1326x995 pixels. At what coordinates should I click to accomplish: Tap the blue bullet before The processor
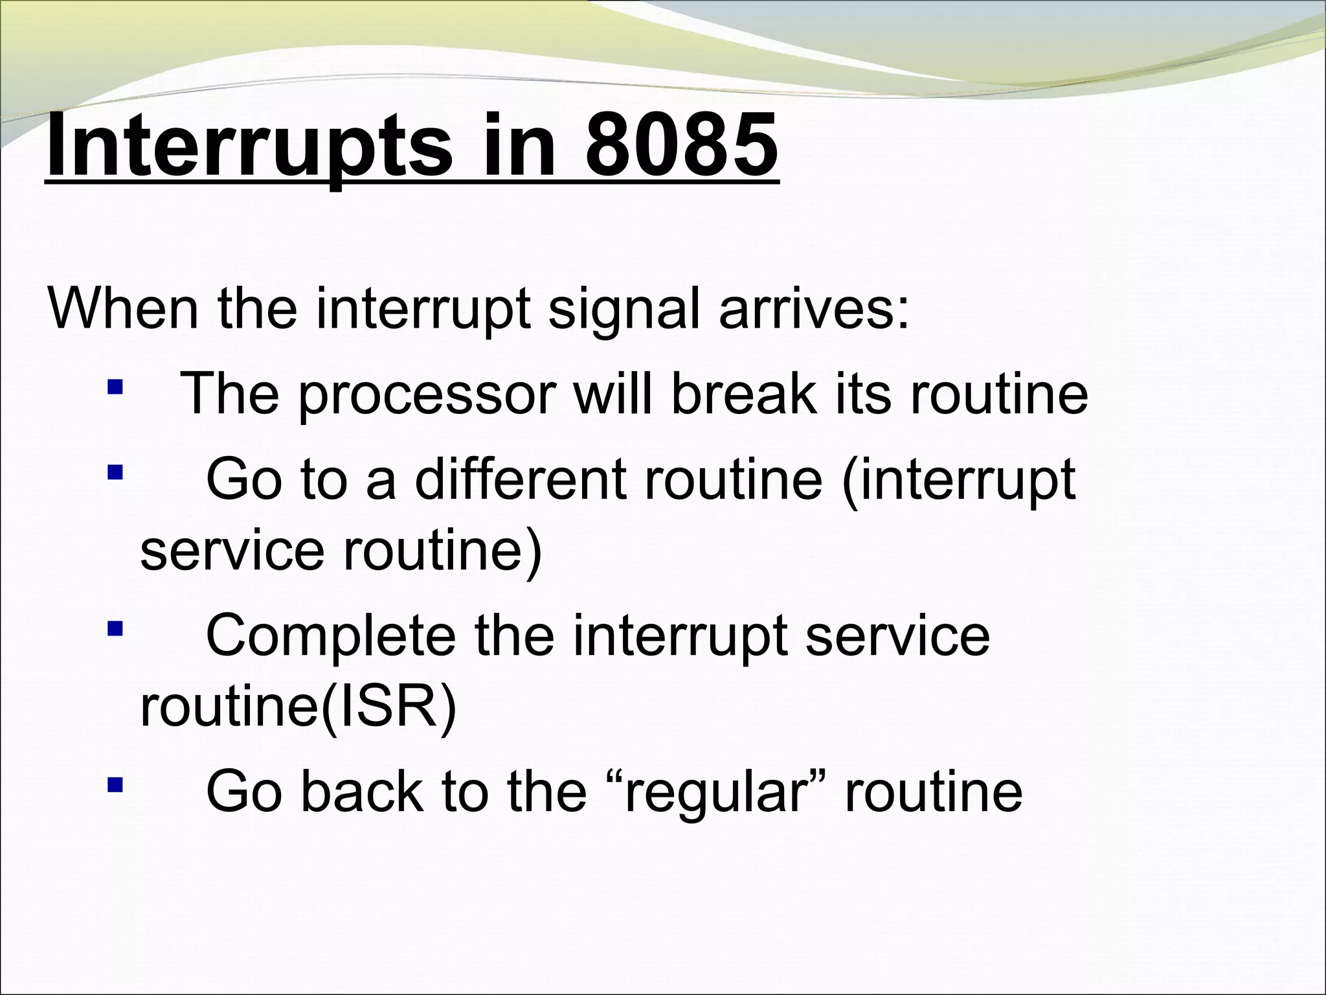115,388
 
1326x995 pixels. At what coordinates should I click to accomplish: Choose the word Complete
330,637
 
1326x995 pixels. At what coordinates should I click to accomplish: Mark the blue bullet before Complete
115,628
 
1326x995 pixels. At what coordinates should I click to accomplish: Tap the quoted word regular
715,794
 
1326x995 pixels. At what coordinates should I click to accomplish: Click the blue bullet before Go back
115,785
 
